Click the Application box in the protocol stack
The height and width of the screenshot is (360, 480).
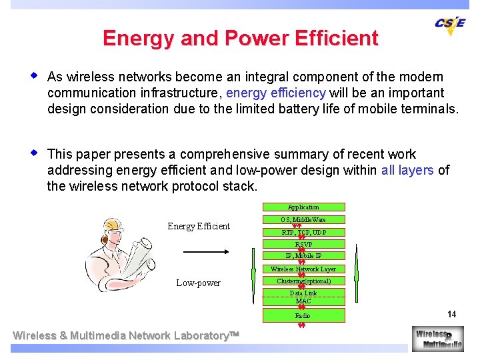tap(303, 207)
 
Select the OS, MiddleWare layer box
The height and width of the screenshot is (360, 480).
tap(303, 219)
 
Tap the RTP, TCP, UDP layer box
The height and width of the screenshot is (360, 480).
tap(303, 232)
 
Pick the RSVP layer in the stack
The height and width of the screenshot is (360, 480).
tap(303, 244)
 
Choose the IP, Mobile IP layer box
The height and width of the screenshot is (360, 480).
tap(303, 256)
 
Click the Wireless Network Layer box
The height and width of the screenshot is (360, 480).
tap(303, 269)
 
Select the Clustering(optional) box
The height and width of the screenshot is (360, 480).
tap(303, 281)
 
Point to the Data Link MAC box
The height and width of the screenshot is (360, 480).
tap(303, 297)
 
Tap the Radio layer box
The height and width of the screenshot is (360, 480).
tap(303, 315)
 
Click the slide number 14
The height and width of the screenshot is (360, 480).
tap(451, 314)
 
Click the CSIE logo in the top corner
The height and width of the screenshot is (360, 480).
tap(450, 24)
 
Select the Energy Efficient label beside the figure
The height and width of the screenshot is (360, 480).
tap(199, 227)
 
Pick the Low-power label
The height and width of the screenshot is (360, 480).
tap(198, 283)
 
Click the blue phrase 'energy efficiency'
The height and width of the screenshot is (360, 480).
tap(276, 93)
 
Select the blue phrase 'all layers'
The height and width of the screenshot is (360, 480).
tap(407, 171)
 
